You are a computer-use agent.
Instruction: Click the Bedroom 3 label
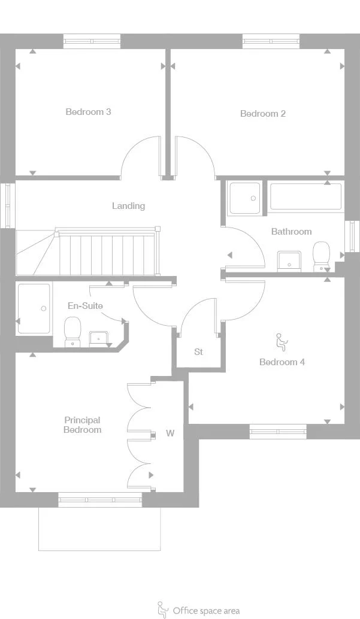[x=88, y=111]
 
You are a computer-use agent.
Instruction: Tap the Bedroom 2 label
[x=262, y=114]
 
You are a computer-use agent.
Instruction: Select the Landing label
[x=128, y=206]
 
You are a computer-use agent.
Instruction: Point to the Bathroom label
[x=291, y=232]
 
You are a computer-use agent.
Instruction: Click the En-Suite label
[x=84, y=306]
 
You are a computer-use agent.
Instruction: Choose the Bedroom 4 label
[x=282, y=362]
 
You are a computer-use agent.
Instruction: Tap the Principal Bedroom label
[x=82, y=425]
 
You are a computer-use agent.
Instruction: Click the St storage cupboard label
[x=198, y=352]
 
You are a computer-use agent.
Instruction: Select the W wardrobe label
[x=170, y=433]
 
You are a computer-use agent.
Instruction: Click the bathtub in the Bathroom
[x=305, y=197]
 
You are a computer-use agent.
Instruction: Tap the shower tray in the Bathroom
[x=245, y=198]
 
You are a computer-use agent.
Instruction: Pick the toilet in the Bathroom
[x=322, y=256]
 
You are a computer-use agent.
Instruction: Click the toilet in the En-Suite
[x=72, y=331]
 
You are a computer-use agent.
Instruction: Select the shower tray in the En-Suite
[x=34, y=308]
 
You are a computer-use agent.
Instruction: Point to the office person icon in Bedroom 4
[x=280, y=342]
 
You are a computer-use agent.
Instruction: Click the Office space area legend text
[x=205, y=611]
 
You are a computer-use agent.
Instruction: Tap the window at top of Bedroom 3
[x=92, y=41]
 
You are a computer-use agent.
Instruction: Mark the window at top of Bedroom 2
[x=271, y=41]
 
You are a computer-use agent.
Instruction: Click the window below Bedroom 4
[x=278, y=431]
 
